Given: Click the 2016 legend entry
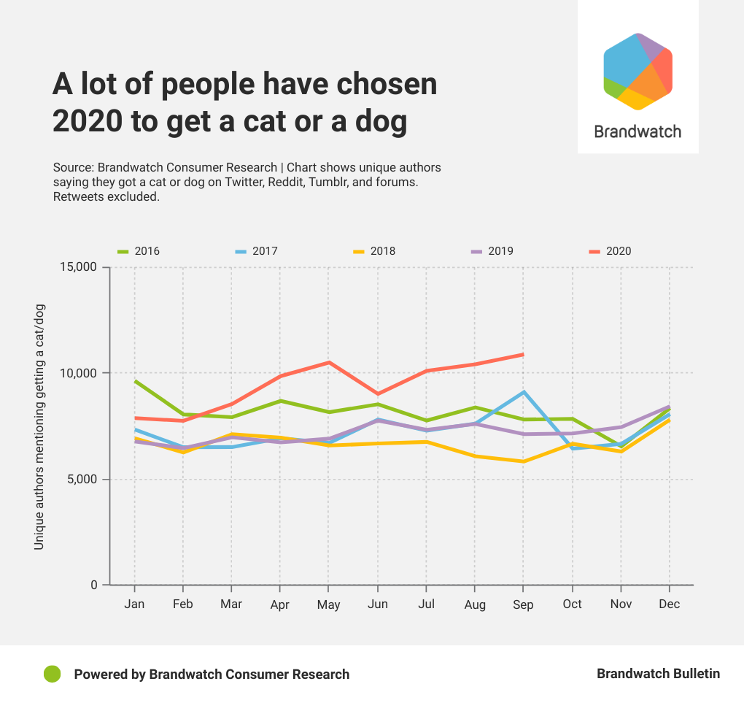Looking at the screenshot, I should tap(139, 251).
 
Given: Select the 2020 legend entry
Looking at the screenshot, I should tap(610, 251).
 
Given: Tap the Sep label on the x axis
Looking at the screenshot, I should tap(523, 604).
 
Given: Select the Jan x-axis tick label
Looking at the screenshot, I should tap(134, 604).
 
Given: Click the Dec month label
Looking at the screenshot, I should tap(669, 604).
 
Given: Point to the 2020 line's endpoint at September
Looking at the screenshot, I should tap(523, 355).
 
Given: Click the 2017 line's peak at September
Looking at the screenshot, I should tap(523, 392).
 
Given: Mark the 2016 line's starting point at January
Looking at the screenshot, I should tap(135, 381).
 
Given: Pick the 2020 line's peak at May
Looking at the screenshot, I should tap(329, 362).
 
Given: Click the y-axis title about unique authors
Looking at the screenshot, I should tap(39, 427).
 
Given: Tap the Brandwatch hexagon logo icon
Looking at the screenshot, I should tap(638, 72).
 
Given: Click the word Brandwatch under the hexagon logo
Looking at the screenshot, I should tap(638, 132).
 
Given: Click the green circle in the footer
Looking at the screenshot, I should tap(52, 674).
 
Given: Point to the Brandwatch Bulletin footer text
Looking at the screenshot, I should tap(658, 674).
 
